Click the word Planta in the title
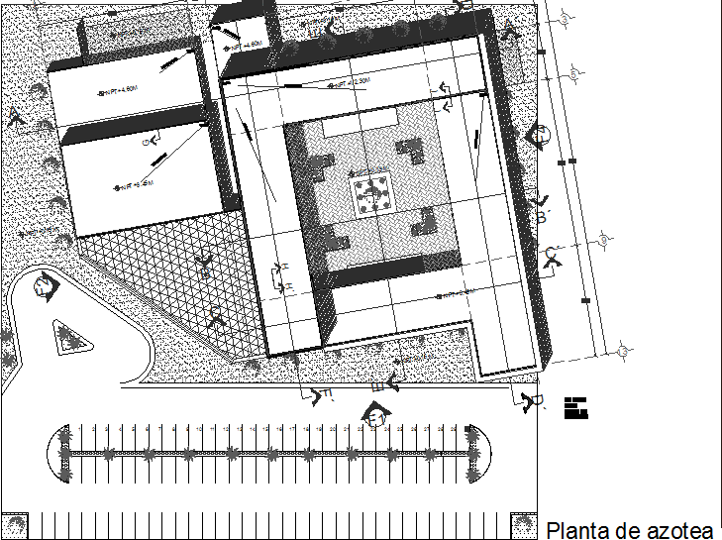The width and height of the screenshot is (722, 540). tap(578, 530)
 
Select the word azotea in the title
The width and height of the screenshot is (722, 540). tap(677, 530)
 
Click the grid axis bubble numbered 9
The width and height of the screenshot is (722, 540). tap(603, 237)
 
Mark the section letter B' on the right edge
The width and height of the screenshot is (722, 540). tap(543, 217)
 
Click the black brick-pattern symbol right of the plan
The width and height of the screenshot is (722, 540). tap(576, 407)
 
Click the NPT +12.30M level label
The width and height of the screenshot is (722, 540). tap(352, 84)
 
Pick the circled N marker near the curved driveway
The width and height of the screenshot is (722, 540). tap(43, 288)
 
